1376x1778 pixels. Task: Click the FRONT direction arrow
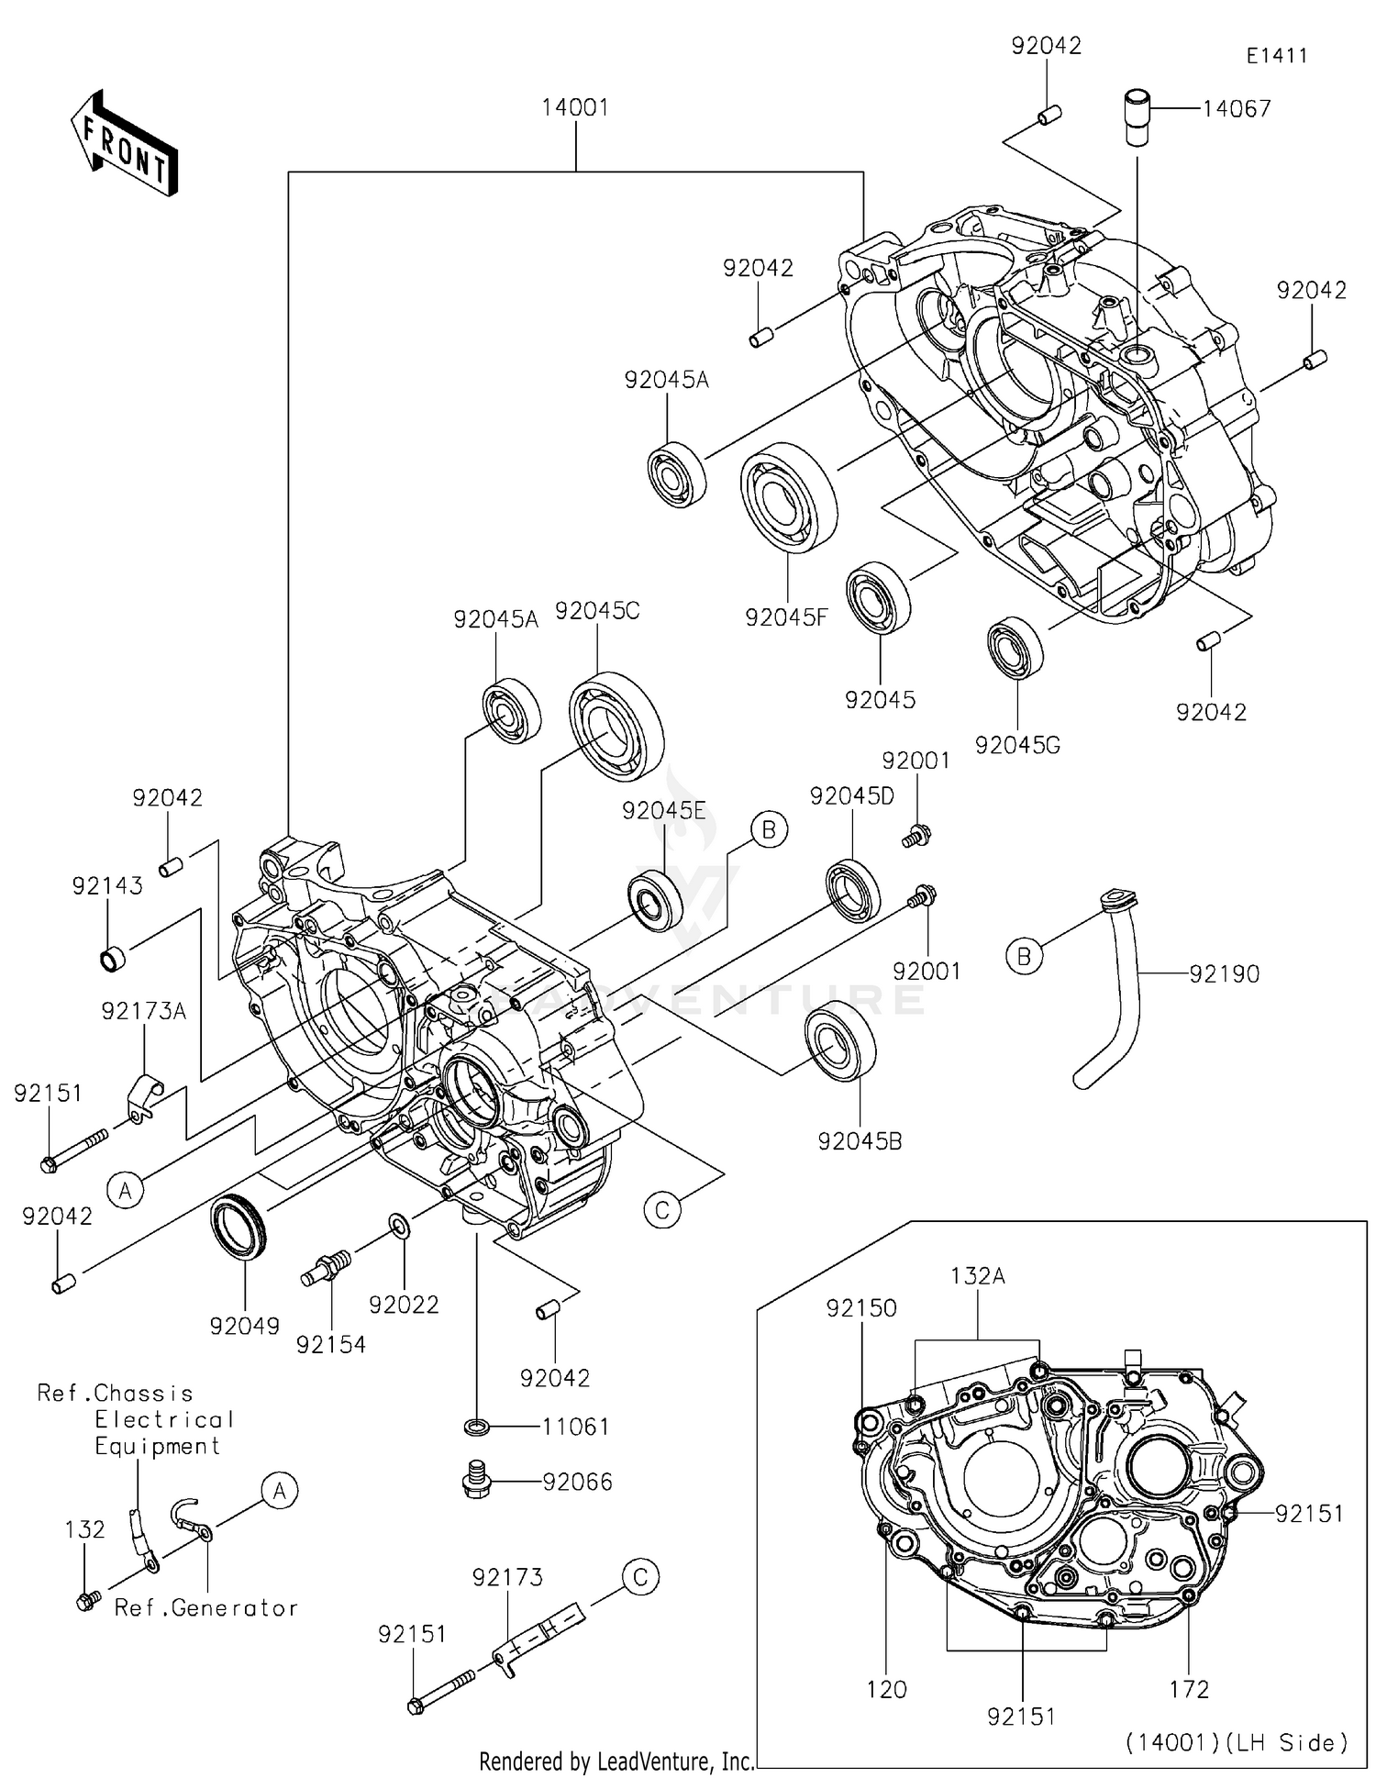(x=124, y=145)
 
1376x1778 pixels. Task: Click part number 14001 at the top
(x=575, y=107)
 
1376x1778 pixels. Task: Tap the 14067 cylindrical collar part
(x=1137, y=117)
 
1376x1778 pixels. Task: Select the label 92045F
(x=786, y=617)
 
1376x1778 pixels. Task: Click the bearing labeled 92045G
(x=1015, y=648)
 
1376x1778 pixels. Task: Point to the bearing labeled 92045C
(x=616, y=727)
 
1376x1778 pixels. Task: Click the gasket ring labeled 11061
(x=476, y=1427)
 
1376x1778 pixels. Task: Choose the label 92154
(x=331, y=1345)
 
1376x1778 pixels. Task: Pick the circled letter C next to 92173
(x=640, y=1577)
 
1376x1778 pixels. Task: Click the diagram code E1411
(x=1276, y=56)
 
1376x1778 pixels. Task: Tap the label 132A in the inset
(x=978, y=1276)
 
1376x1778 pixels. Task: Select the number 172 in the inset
(x=1190, y=1689)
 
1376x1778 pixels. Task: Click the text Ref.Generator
(x=206, y=1608)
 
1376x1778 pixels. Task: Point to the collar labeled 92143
(x=112, y=959)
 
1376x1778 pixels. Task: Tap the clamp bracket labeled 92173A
(x=142, y=1095)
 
